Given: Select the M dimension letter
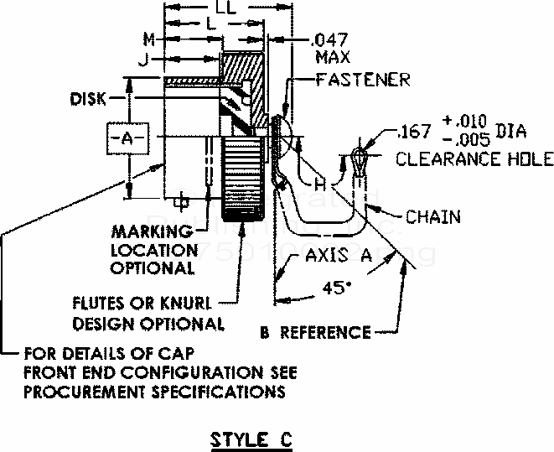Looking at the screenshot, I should [x=148, y=39].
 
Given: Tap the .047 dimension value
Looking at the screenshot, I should [x=329, y=39].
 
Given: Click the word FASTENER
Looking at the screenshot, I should [x=363, y=80].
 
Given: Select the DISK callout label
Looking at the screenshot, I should [x=89, y=99].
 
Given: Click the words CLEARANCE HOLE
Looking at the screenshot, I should [x=474, y=159].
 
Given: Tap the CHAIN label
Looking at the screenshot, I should [x=432, y=217].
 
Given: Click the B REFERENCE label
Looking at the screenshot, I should [x=314, y=333].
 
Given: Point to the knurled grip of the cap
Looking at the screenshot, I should [x=248, y=174].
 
